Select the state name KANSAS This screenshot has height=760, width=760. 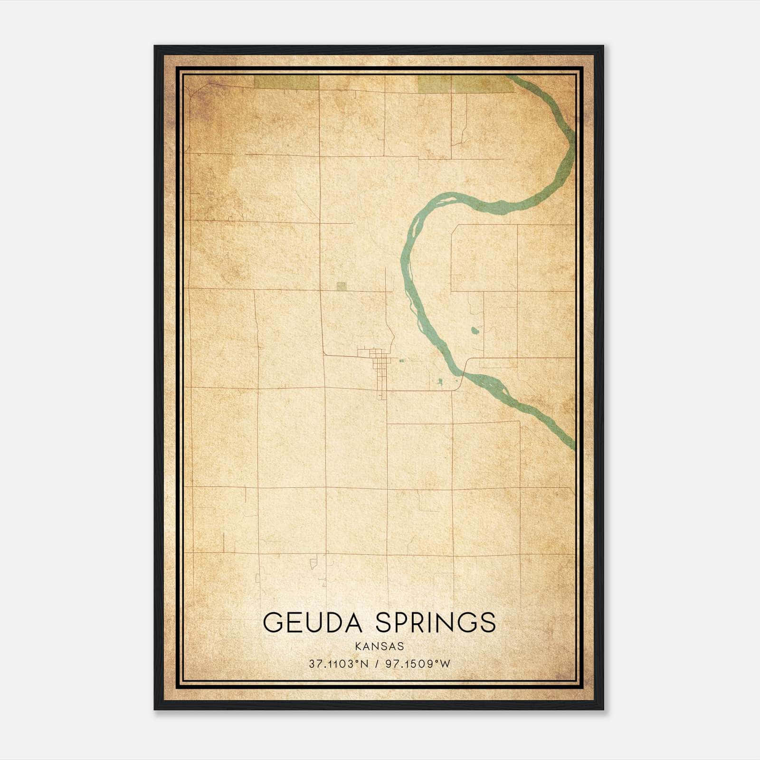tap(380, 646)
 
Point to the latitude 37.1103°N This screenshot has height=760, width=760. tap(339, 664)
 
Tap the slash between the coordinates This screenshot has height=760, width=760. tap(376, 664)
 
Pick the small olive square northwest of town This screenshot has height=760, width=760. tap(341, 285)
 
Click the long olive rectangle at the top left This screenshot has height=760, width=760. tap(286, 83)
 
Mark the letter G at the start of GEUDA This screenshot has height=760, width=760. tap(272, 622)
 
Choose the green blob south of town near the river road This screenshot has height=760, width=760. tap(440, 380)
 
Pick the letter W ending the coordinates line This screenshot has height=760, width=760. tap(446, 664)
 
